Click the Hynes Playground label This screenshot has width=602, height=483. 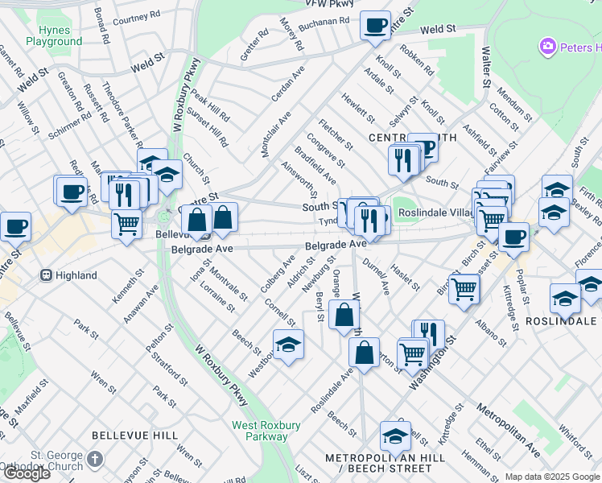[54, 35]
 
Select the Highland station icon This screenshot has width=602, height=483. [46, 275]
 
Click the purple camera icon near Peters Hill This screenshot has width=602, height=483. [549, 47]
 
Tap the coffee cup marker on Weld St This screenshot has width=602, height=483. [375, 26]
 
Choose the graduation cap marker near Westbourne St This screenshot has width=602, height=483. [288, 345]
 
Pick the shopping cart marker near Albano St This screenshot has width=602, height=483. [464, 289]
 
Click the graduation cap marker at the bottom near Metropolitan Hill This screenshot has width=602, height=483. [395, 436]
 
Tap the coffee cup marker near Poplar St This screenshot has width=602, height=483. [513, 237]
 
